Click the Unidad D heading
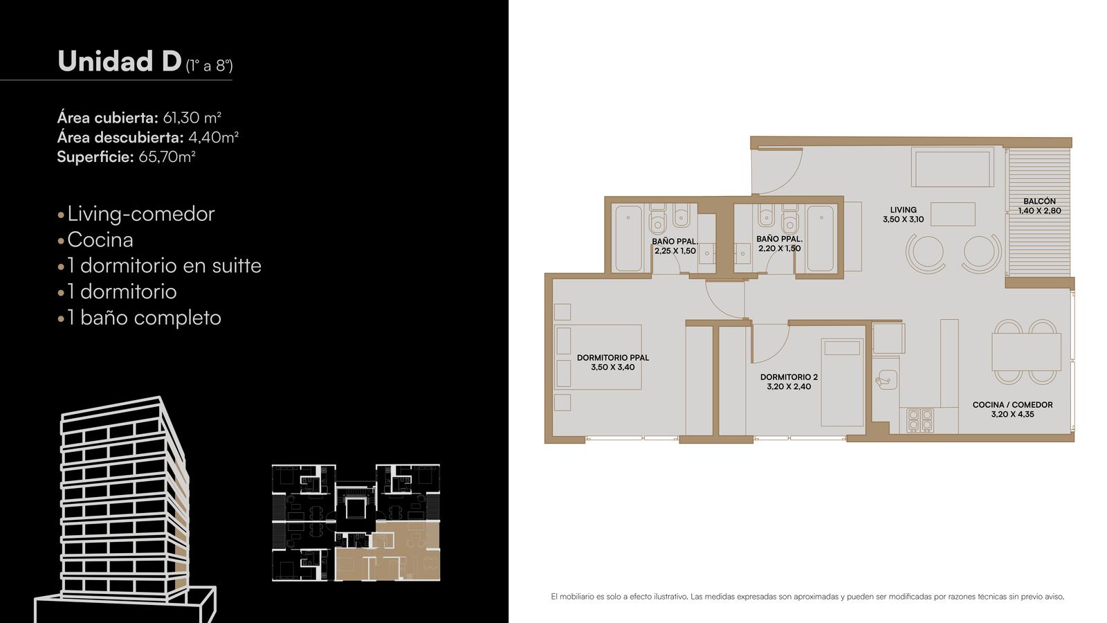click(120, 61)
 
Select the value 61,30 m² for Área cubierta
click(192, 118)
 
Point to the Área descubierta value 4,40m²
click(214, 137)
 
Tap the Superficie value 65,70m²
click(167, 156)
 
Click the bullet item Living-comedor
click(141, 214)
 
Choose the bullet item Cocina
click(100, 240)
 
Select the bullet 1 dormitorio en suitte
click(164, 266)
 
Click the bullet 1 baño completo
click(145, 318)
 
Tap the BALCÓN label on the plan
click(1039, 201)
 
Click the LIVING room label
click(904, 210)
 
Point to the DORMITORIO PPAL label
click(613, 357)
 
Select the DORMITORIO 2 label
click(789, 377)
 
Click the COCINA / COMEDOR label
click(1013, 404)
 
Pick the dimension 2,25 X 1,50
click(675, 251)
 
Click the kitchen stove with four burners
click(920, 420)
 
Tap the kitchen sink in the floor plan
click(886, 379)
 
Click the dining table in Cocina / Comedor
click(1027, 352)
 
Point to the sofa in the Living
click(952, 167)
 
